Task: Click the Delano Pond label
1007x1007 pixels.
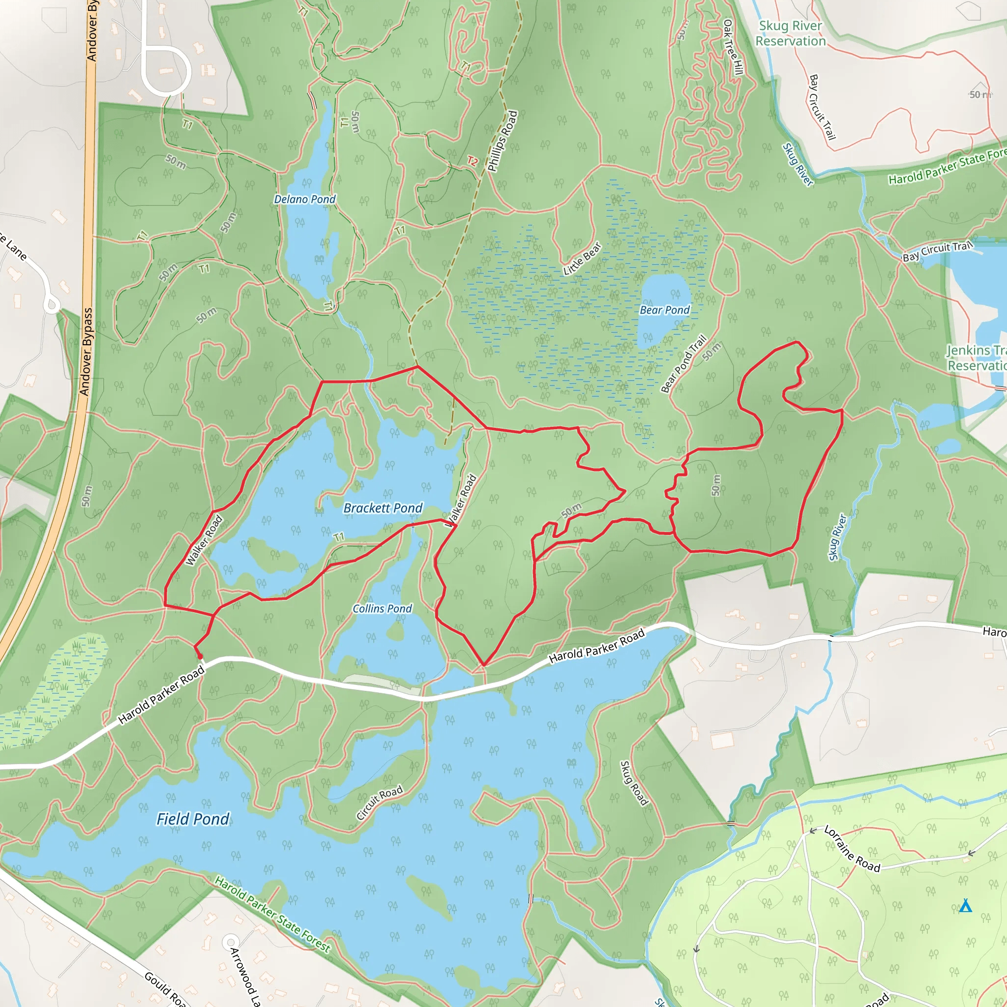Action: [x=305, y=199]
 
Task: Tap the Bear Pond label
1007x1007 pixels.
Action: [x=665, y=310]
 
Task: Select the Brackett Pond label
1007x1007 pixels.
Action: [x=383, y=508]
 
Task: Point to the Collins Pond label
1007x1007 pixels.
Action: [x=382, y=609]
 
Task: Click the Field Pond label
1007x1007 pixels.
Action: [x=193, y=819]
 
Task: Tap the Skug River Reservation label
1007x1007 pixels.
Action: [x=791, y=33]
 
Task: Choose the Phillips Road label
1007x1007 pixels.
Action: [x=503, y=141]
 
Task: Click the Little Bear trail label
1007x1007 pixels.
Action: [x=582, y=259]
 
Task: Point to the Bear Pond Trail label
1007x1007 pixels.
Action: [x=684, y=364]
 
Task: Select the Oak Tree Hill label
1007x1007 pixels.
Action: [x=733, y=47]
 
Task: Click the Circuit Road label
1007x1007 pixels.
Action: [x=380, y=802]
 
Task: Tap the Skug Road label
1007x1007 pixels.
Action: [x=634, y=783]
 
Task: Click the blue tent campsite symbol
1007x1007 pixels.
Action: [x=966, y=906]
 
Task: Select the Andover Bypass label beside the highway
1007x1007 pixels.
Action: [x=87, y=352]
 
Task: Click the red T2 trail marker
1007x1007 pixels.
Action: [x=472, y=161]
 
